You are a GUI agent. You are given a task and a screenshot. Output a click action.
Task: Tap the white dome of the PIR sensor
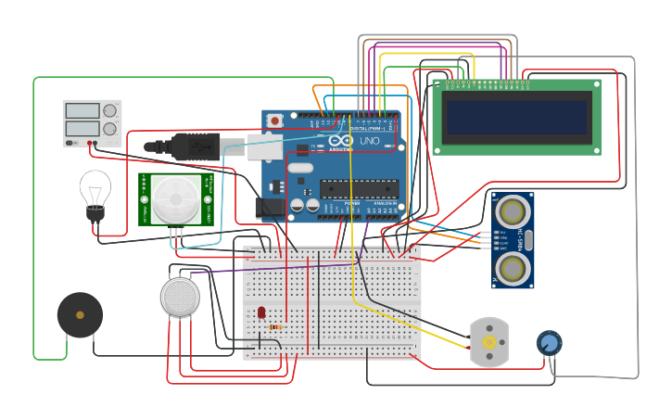click(x=174, y=198)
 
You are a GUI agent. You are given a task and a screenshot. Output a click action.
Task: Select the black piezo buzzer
click(x=80, y=315)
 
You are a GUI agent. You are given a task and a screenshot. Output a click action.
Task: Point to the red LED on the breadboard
click(x=261, y=312)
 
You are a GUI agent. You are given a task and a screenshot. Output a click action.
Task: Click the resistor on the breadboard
click(x=275, y=326)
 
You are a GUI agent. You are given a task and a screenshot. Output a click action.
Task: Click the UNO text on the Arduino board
click(x=369, y=141)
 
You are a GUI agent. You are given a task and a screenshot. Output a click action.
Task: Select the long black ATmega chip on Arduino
click(x=358, y=189)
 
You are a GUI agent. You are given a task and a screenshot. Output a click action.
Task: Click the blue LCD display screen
click(x=516, y=117)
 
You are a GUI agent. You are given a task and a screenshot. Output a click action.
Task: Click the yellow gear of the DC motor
click(x=488, y=343)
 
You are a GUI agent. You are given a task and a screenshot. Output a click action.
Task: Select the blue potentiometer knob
click(x=549, y=344)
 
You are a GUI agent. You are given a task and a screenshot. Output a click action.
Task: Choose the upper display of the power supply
click(x=82, y=110)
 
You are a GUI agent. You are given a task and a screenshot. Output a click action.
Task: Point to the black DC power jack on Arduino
click(x=268, y=207)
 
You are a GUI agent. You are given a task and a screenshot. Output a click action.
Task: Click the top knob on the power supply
click(x=110, y=110)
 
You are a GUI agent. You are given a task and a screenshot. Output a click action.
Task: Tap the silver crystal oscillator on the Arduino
click(x=300, y=169)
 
